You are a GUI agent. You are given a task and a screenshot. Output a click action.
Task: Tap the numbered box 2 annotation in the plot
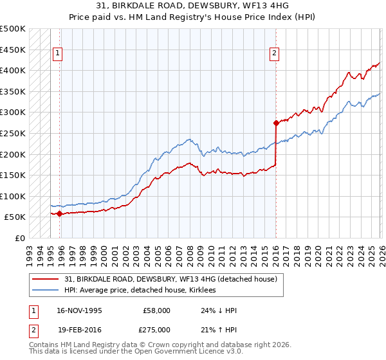[275, 53]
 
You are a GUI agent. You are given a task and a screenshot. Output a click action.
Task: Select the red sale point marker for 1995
[60, 213]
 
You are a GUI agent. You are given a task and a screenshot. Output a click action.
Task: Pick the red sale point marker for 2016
[275, 122]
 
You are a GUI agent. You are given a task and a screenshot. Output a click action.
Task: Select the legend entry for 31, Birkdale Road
[170, 279]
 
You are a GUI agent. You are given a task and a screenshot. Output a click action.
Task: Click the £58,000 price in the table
[156, 310]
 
